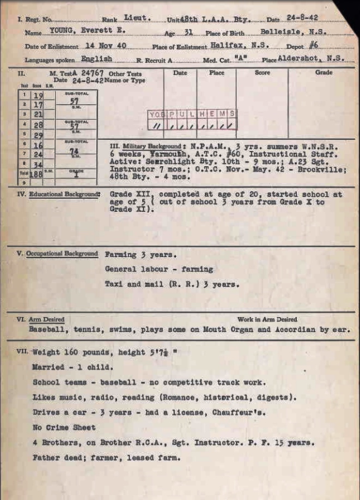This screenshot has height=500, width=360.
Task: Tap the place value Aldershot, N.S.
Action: [x=312, y=58]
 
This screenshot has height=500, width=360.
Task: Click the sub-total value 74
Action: [x=76, y=153]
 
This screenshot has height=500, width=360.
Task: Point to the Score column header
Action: [x=262, y=72]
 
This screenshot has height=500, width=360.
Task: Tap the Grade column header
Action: [x=323, y=72]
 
